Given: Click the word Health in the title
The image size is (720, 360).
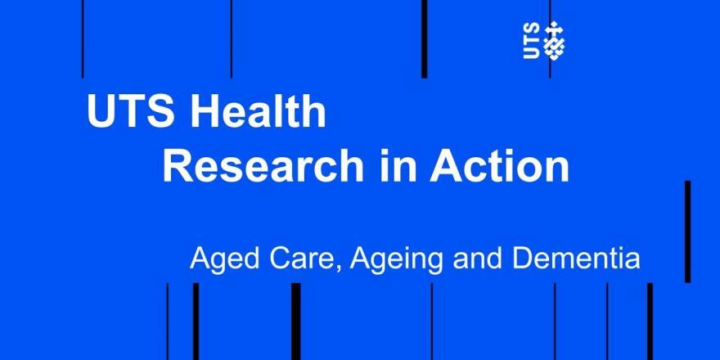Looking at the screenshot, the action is click(258, 111).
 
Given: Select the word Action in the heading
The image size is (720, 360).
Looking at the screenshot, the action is click(500, 167).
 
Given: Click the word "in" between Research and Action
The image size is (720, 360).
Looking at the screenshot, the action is click(396, 167).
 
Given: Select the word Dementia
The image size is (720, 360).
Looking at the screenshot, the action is click(586, 259).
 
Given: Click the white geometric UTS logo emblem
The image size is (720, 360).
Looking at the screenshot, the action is click(555, 40).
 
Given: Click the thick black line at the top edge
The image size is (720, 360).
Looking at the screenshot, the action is click(425, 39).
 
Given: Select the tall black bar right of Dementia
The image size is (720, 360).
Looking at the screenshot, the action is click(687, 232).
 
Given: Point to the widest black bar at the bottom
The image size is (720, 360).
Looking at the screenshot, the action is click(296, 322).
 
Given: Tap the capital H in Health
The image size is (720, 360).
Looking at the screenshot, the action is click(205, 112).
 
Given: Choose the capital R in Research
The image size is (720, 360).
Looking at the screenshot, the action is click(178, 167).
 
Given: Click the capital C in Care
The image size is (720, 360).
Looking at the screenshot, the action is click(279, 259).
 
